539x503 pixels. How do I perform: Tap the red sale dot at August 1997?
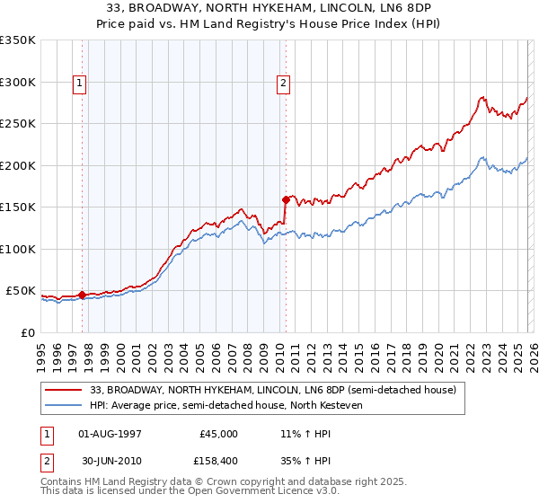click(82, 295)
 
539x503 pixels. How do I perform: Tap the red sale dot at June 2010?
click(286, 199)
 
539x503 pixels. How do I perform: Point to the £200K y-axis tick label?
click(18, 165)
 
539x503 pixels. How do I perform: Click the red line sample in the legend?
click(65, 390)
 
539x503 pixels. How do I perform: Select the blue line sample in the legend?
click(65, 405)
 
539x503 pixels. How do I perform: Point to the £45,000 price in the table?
click(219, 433)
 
